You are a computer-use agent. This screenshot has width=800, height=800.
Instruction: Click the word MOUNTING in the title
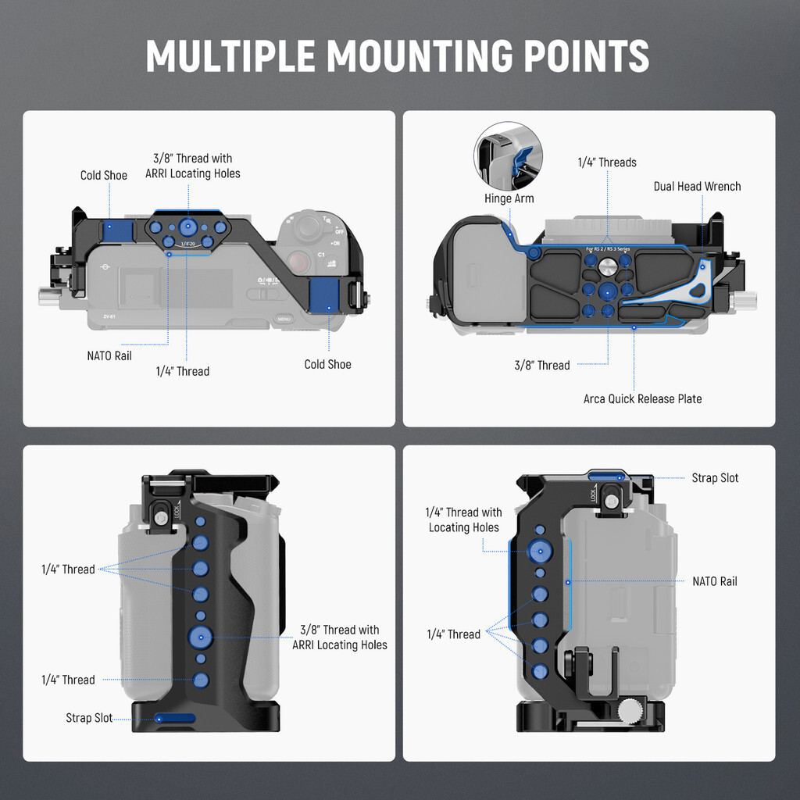[x=415, y=56]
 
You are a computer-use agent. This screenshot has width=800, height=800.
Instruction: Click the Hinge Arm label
[x=509, y=198]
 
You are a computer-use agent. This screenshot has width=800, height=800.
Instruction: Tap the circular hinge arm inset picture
[x=509, y=155]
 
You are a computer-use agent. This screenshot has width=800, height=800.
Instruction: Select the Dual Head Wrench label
[x=697, y=187]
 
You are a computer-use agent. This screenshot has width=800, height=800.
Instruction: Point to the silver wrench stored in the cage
[x=702, y=289]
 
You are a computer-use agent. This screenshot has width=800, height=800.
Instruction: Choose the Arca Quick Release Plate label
[x=642, y=399]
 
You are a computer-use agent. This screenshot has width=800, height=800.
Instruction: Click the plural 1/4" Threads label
[x=606, y=162]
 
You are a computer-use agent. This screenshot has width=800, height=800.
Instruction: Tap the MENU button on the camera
[x=284, y=319]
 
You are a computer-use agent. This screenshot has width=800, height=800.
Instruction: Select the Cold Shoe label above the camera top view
[x=103, y=176]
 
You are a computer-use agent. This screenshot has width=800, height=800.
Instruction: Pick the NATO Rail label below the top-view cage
[x=109, y=356]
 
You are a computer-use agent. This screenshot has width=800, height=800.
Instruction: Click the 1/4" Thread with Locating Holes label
[x=463, y=520]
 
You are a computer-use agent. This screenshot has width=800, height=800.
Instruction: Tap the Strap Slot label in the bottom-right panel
[x=715, y=478]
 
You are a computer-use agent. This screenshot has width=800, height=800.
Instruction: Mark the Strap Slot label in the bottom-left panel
[x=89, y=718]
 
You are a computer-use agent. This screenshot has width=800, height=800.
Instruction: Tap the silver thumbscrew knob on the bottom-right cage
[x=631, y=710]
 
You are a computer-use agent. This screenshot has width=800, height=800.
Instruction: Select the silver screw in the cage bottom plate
[x=607, y=268]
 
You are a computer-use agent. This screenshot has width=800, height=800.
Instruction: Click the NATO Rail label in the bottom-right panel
[x=714, y=581]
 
